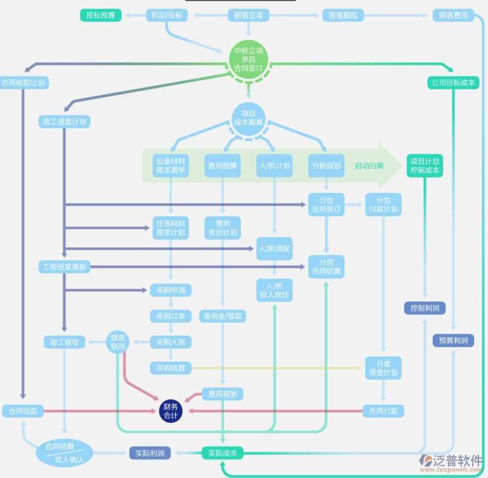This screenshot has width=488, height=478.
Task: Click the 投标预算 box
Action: pyautogui.click(x=101, y=15)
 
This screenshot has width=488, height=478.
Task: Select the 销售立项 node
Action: pyautogui.click(x=248, y=15)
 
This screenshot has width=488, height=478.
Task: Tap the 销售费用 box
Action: pyautogui.click(x=453, y=15)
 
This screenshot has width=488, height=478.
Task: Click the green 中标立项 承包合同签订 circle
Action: pyautogui.click(x=248, y=60)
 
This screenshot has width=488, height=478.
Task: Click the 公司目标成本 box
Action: pyautogui.click(x=453, y=83)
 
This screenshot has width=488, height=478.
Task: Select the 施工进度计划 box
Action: pyautogui.click(x=64, y=122)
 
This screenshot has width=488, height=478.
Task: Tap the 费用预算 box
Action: pyautogui.click(x=222, y=166)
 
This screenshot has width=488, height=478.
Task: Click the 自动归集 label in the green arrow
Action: pyautogui.click(x=369, y=166)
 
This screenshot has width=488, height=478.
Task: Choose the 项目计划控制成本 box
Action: pyautogui.click(x=425, y=166)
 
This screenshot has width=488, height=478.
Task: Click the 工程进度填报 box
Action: pyautogui.click(x=64, y=267)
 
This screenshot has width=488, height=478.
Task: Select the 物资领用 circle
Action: pyautogui.click(x=117, y=342)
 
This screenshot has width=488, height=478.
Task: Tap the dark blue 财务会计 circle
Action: pyautogui.click(x=171, y=411)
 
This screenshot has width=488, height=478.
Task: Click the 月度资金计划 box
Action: pyautogui.click(x=383, y=368)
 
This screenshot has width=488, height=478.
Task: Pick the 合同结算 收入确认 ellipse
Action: pyautogui.click(x=64, y=452)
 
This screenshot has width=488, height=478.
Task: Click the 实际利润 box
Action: pyautogui.click(x=150, y=454)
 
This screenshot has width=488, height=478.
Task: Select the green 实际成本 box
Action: pyautogui.click(x=223, y=454)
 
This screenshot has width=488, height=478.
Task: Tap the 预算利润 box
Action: pyautogui.click(x=453, y=341)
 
